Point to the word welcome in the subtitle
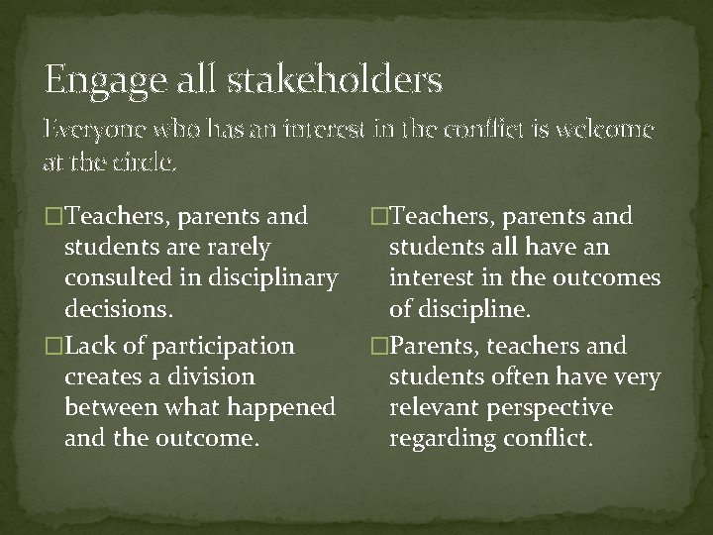598,131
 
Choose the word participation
216,346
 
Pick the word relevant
434,407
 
